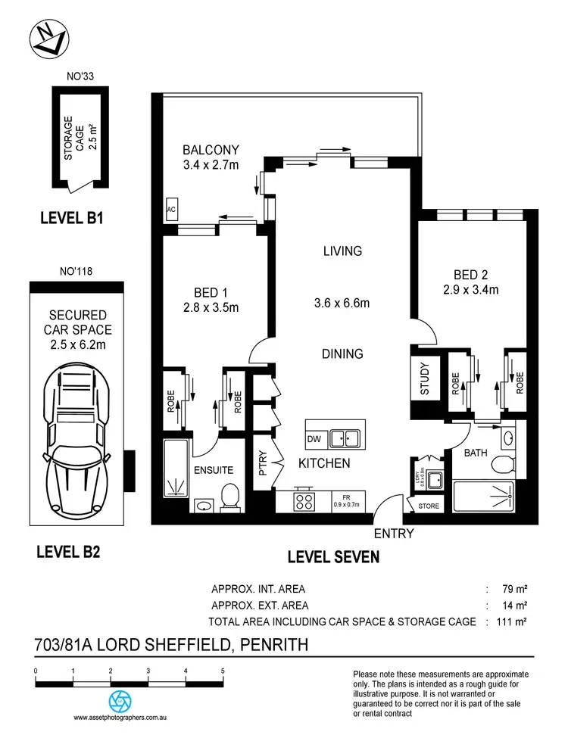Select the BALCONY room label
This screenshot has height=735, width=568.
(211, 150)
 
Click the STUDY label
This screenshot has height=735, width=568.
(425, 380)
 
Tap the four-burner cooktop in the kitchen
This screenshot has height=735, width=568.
(304, 500)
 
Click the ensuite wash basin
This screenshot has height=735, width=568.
(203, 505)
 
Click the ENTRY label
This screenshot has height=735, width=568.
(395, 534)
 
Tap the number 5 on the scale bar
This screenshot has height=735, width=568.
(223, 671)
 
